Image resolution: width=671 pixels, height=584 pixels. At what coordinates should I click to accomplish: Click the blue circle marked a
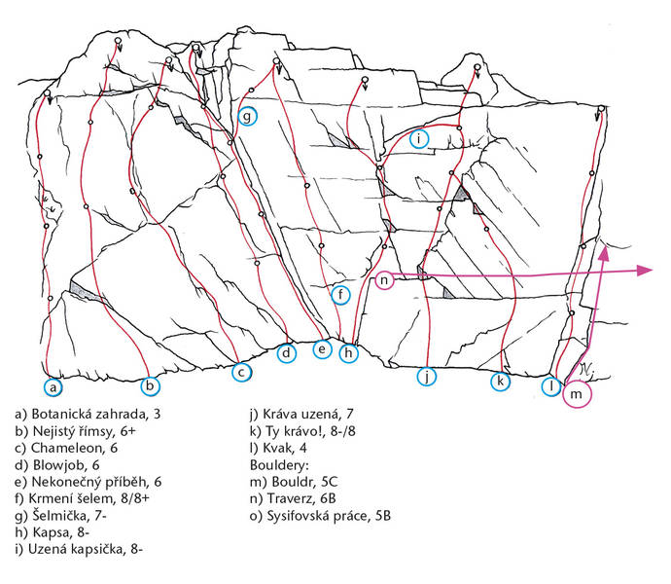[44, 387]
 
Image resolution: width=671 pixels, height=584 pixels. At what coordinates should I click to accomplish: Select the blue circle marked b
[141, 385]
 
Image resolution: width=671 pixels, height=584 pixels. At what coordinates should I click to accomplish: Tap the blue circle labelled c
[232, 372]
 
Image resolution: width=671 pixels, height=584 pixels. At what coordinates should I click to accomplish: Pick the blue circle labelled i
[409, 139]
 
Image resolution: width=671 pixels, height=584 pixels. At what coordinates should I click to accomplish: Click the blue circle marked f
[332, 295]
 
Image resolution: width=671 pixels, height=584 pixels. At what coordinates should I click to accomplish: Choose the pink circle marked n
[375, 280]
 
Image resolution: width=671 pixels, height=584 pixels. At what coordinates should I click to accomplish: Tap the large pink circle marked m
[563, 393]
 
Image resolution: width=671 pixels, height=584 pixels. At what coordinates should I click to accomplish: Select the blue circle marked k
[491, 381]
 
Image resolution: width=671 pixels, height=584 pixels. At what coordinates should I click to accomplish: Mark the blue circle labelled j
[417, 377]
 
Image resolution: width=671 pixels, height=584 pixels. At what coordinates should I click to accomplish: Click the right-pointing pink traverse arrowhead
[645, 270]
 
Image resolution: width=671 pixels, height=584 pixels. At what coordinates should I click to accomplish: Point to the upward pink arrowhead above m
[603, 254]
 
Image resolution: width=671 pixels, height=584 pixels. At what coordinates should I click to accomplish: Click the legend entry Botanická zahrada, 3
[88, 415]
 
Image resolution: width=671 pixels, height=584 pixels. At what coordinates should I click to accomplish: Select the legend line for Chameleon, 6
[66, 448]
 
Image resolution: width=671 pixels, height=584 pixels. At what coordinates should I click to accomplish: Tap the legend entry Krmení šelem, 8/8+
[82, 498]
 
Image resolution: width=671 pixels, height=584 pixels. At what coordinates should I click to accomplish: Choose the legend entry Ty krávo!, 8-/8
[302, 431]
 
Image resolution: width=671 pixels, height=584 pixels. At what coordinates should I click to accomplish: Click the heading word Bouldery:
[279, 465]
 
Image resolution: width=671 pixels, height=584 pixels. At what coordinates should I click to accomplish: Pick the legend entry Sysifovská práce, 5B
[320, 516]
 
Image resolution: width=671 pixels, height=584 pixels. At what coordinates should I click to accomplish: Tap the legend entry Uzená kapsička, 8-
[79, 549]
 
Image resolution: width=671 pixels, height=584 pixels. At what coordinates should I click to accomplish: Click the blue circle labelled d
[277, 353]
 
